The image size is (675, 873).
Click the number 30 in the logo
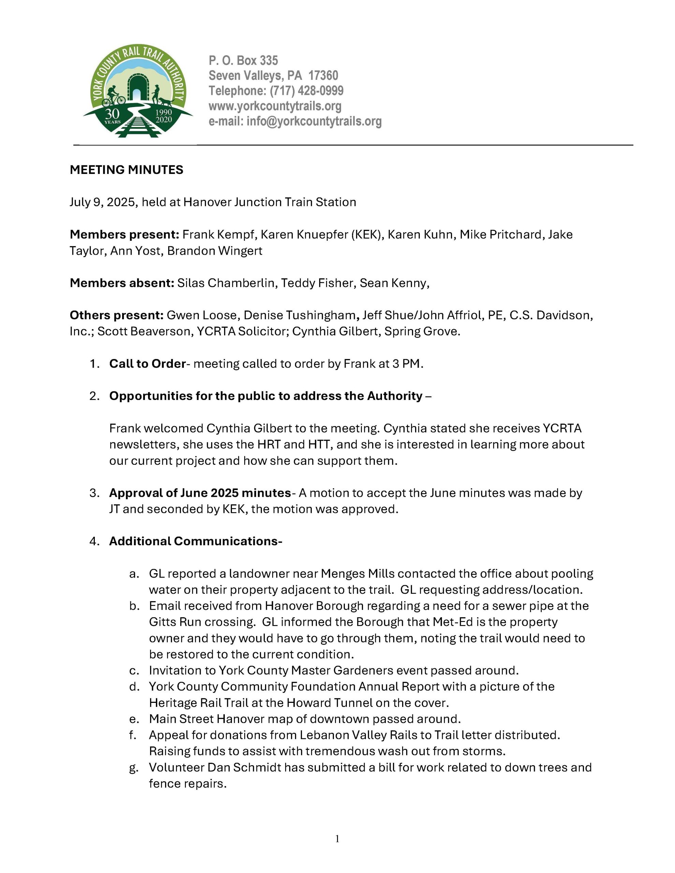tap(112, 114)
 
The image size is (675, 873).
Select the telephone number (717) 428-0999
tap(306, 91)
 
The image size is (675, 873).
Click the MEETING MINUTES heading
tap(126, 170)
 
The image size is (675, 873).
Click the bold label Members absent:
tap(121, 283)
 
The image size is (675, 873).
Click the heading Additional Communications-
tap(195, 541)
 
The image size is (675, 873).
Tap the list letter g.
tap(134, 768)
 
